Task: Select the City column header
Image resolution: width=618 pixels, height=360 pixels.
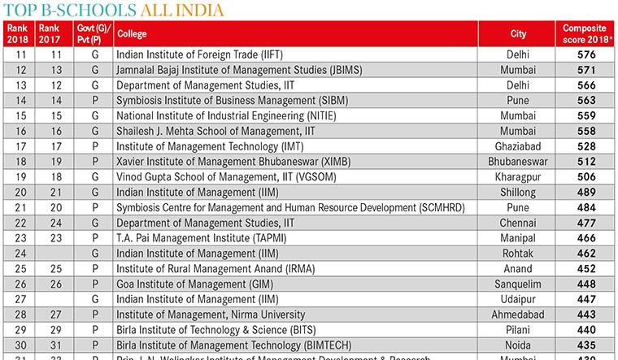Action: click(x=518, y=34)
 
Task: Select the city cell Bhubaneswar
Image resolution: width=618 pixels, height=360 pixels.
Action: click(x=518, y=162)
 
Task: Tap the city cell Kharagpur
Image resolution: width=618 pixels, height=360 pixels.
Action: click(x=518, y=177)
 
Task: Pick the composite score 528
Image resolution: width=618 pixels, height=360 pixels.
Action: click(x=586, y=146)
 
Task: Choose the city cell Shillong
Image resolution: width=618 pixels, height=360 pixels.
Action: click(x=518, y=193)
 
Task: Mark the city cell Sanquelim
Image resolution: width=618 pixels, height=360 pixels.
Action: click(x=518, y=284)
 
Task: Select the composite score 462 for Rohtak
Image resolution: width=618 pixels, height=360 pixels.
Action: click(x=586, y=254)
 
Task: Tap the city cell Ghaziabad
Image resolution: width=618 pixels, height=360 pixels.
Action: click(x=518, y=146)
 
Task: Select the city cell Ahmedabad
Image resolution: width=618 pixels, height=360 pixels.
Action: click(x=518, y=314)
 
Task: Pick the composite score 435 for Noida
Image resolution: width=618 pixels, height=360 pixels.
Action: click(x=586, y=345)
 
